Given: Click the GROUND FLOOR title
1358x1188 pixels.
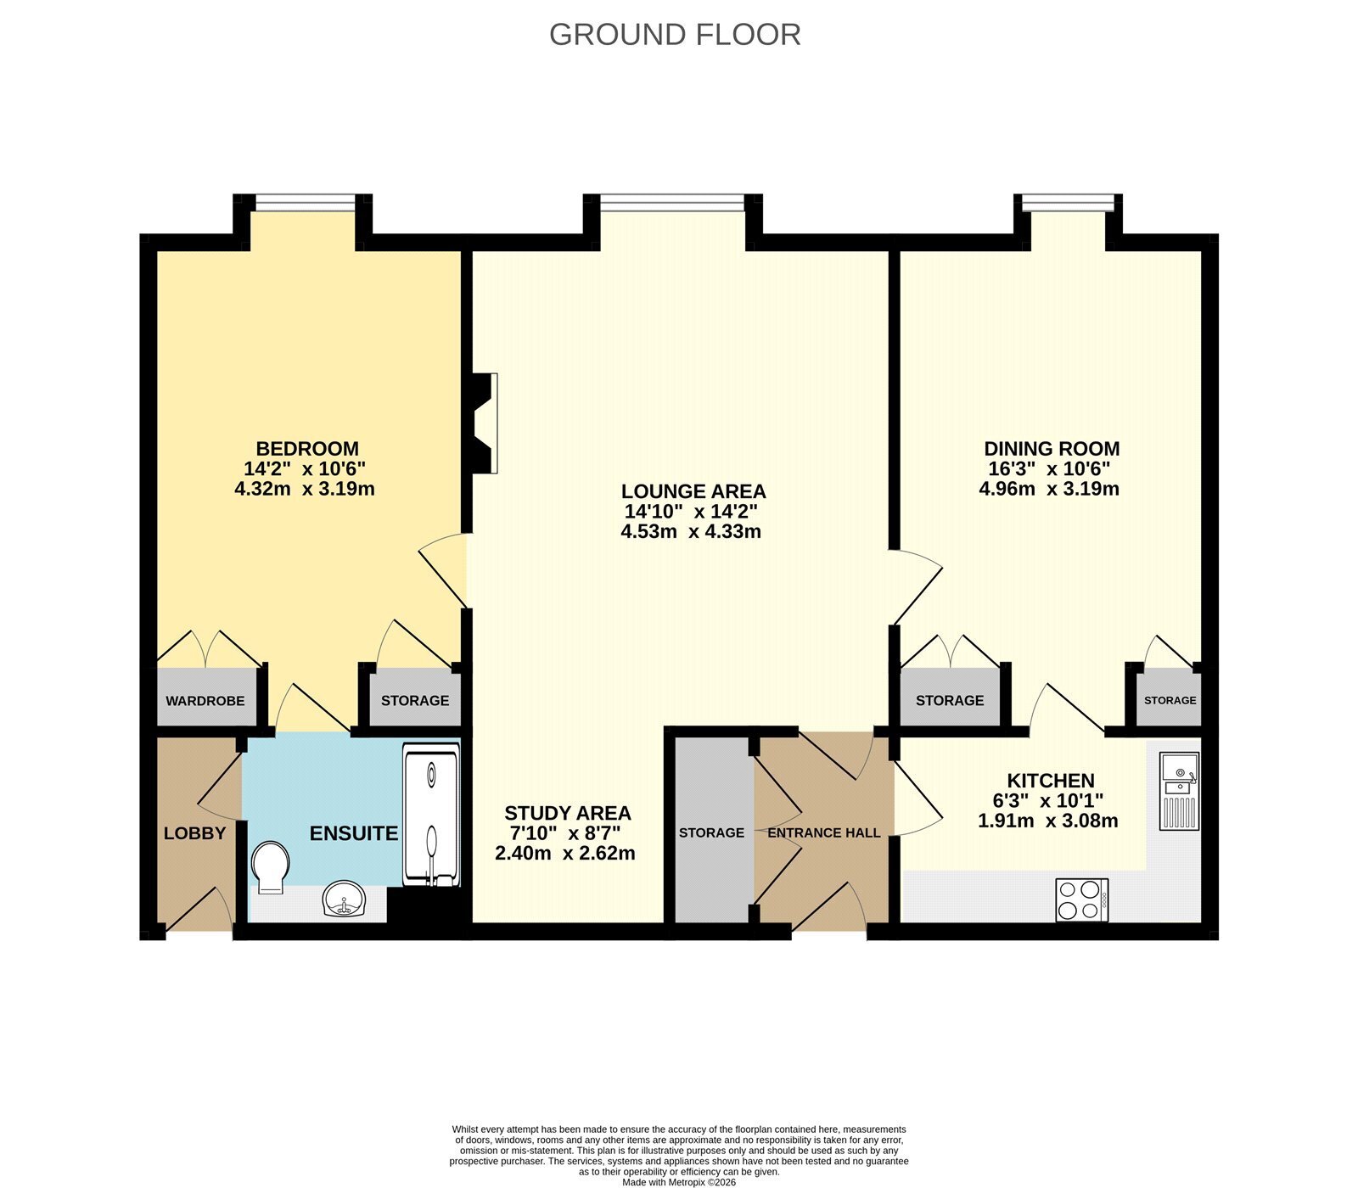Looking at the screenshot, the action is tap(675, 35).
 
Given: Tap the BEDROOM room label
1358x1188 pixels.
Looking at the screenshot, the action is tap(307, 449).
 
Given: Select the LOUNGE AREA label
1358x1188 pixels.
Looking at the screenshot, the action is tap(693, 491).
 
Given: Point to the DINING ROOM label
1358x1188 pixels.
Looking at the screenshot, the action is tap(1052, 449).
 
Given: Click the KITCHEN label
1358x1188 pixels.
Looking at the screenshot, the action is tap(1051, 781).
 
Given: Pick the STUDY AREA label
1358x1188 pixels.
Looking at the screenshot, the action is tap(568, 813).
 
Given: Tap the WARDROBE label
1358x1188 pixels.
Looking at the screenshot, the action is tap(205, 701).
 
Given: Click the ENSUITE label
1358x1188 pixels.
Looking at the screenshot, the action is tap(354, 833).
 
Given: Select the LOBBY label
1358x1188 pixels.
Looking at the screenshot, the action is tap(195, 833).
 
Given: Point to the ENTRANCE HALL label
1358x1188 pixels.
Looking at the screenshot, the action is tap(824, 833).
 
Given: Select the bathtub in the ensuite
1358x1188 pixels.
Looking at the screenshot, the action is tap(431, 816).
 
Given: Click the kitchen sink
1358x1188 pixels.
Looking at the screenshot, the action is tap(1179, 790).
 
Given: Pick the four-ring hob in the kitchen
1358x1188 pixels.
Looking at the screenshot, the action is tap(1082, 899).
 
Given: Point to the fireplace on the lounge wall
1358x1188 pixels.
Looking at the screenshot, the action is tap(483, 422).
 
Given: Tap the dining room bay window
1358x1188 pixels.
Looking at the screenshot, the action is tap(1069, 202).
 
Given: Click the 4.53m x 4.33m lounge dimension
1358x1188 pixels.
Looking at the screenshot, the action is tap(691, 532).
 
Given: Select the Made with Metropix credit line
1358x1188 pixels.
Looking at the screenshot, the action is tap(679, 1182).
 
